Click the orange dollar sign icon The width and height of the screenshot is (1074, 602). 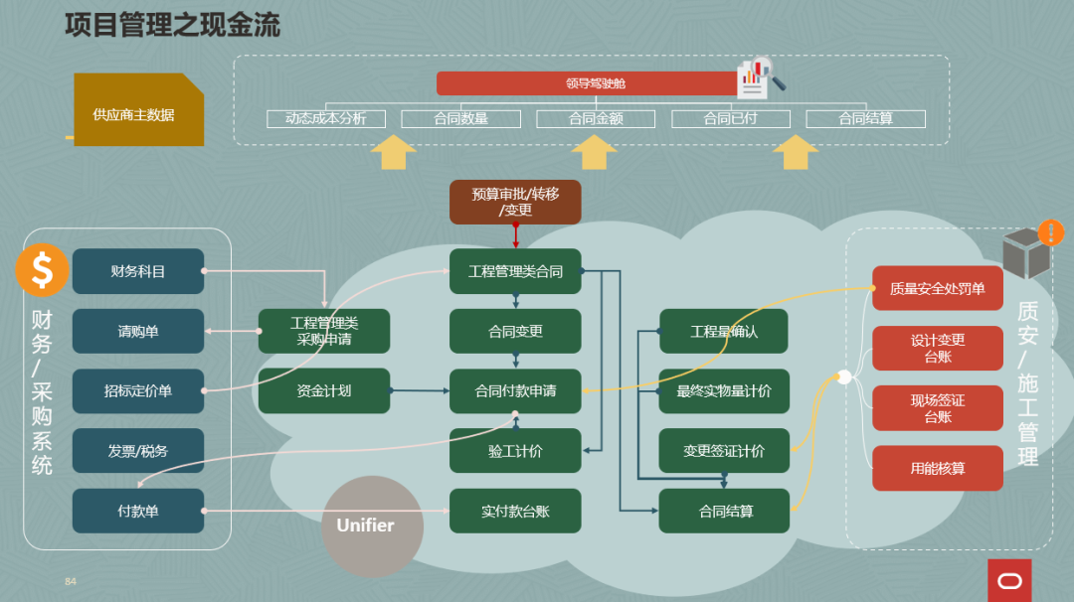click(42, 269)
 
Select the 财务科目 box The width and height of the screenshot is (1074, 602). click(138, 271)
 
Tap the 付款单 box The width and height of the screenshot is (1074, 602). click(138, 511)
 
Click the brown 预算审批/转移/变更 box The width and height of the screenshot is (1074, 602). click(515, 202)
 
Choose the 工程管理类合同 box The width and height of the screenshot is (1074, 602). click(515, 271)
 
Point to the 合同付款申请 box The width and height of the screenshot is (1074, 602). click(515, 391)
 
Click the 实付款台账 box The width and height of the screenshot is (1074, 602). click(515, 511)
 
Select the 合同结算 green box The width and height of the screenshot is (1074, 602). click(725, 511)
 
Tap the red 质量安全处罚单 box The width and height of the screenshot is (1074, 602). click(937, 289)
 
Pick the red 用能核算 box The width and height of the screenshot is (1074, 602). click(937, 468)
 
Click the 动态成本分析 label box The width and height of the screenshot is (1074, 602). click(325, 119)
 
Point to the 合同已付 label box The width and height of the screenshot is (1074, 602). click(730, 119)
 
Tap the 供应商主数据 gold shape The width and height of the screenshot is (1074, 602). click(137, 111)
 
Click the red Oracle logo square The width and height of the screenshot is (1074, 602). click(1009, 580)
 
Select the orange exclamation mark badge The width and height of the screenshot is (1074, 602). click(1050, 232)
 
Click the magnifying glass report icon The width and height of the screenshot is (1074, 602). click(761, 77)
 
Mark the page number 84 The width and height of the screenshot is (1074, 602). click(70, 581)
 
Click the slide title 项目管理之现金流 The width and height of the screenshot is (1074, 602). click(172, 25)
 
